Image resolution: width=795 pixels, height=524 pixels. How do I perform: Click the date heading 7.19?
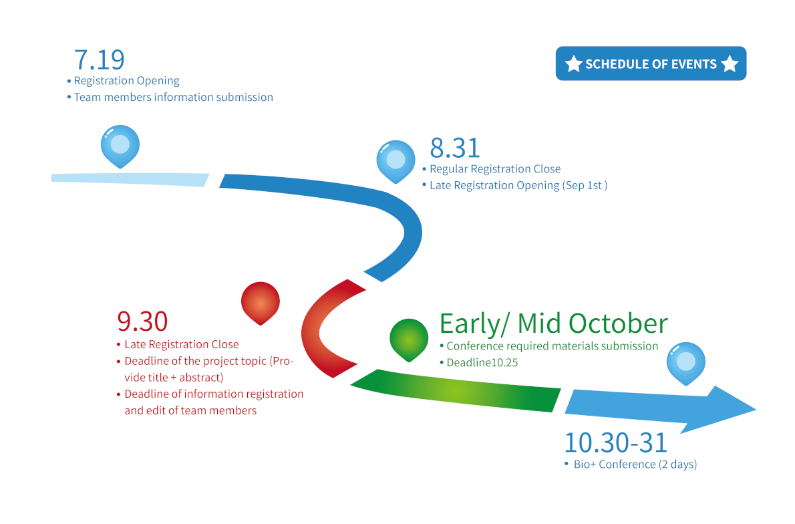(100, 60)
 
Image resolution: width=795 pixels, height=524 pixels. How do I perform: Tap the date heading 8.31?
(455, 148)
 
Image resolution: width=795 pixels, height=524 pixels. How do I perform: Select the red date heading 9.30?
(142, 321)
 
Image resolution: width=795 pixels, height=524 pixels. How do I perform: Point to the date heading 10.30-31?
(615, 442)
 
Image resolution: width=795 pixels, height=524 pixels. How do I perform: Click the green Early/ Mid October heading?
(553, 323)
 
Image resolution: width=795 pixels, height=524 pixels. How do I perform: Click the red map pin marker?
(260, 303)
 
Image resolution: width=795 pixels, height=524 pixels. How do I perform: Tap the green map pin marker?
(409, 340)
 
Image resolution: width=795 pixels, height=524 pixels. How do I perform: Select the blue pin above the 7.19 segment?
(120, 146)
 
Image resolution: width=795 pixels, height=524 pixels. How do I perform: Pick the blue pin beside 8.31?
(396, 161)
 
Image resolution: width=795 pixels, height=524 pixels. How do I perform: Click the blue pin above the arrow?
(686, 363)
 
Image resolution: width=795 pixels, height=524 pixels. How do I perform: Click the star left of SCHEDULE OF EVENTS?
(573, 64)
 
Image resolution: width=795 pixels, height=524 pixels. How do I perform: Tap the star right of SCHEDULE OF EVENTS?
(730, 64)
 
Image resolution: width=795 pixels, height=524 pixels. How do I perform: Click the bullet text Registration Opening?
(126, 81)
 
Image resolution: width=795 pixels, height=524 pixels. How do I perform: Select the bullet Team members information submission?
(174, 97)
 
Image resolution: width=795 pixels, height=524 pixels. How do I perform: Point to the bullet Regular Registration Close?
(495, 169)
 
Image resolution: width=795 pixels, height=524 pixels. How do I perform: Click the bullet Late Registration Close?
(182, 344)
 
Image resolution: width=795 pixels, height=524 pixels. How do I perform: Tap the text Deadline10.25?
(482, 363)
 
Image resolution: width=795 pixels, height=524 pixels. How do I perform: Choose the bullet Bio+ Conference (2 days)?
(635, 464)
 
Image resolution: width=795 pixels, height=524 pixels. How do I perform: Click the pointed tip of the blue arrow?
(756, 409)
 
